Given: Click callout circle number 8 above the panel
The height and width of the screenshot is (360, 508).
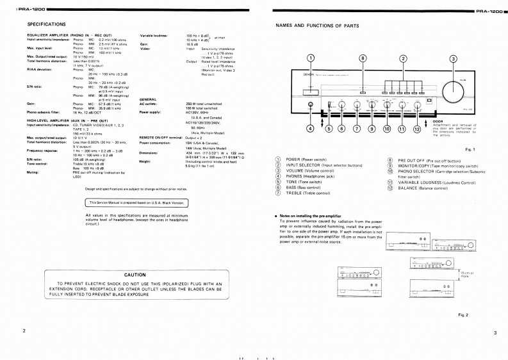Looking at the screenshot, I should pyautogui.click(x=363, y=59).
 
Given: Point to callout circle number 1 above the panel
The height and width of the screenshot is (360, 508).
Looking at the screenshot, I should pyautogui.click(x=311, y=59).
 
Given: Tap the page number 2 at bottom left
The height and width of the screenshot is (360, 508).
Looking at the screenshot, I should pyautogui.click(x=24, y=331).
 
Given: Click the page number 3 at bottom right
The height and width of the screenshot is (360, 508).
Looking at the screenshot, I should pyautogui.click(x=495, y=332).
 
